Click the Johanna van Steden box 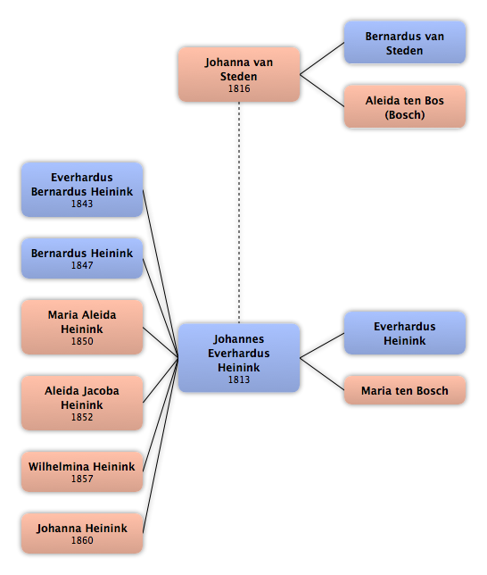pos(239,74)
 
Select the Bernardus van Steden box pos(405,43)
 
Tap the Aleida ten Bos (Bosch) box pos(405,107)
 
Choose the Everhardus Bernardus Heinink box pos(82,189)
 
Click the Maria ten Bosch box pos(405,390)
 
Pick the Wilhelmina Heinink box pos(82,471)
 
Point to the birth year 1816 pos(239,88)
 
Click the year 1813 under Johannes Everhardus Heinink pos(239,379)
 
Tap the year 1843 pos(82,204)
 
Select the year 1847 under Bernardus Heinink pos(82,265)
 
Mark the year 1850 pos(82,341)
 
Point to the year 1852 pos(82,417)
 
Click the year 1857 pos(82,479)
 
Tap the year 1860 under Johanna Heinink pos(82,540)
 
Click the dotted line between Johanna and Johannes pos(239,212)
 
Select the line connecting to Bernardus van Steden pos(322,59)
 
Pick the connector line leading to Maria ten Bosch pos(322,374)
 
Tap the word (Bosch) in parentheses pos(405,115)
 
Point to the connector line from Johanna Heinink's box pos(161,446)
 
